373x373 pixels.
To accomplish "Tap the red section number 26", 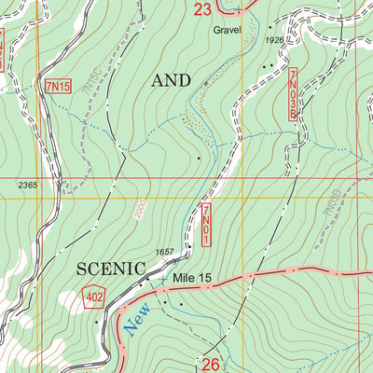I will coord(211,363).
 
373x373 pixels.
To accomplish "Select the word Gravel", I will coord(227,30).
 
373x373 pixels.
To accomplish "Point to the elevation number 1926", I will coord(273,41).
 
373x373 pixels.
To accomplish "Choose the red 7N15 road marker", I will coord(58,86).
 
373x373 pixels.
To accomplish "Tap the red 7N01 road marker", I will coord(206,226).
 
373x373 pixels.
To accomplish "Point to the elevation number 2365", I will coord(27,186).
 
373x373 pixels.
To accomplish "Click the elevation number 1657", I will coord(165,253).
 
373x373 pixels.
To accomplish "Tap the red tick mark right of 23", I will coord(239,11).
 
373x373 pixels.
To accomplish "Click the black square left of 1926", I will coord(258,41).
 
